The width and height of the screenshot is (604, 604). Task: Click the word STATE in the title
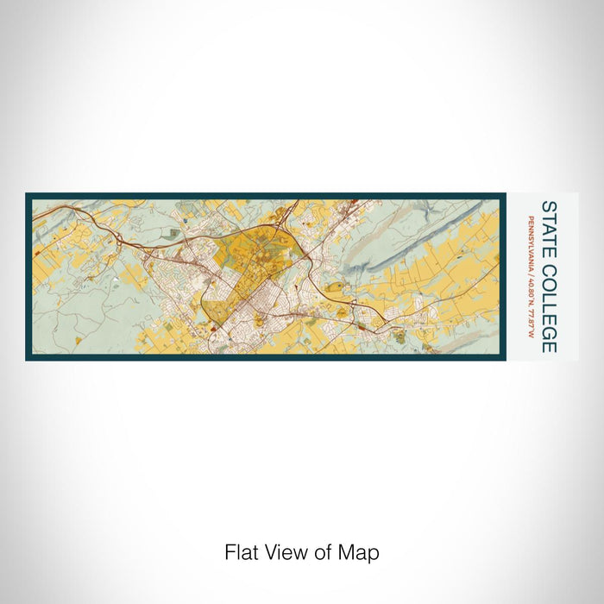click(x=548, y=225)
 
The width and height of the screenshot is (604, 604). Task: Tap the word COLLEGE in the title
click(x=548, y=303)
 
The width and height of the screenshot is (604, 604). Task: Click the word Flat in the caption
click(x=239, y=552)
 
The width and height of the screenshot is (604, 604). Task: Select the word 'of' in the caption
click(x=315, y=552)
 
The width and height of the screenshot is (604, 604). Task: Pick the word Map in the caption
click(x=353, y=552)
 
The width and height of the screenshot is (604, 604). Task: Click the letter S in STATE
click(x=548, y=206)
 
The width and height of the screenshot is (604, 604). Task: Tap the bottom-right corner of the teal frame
click(x=504, y=358)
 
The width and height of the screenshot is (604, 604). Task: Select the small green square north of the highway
click(x=177, y=232)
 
